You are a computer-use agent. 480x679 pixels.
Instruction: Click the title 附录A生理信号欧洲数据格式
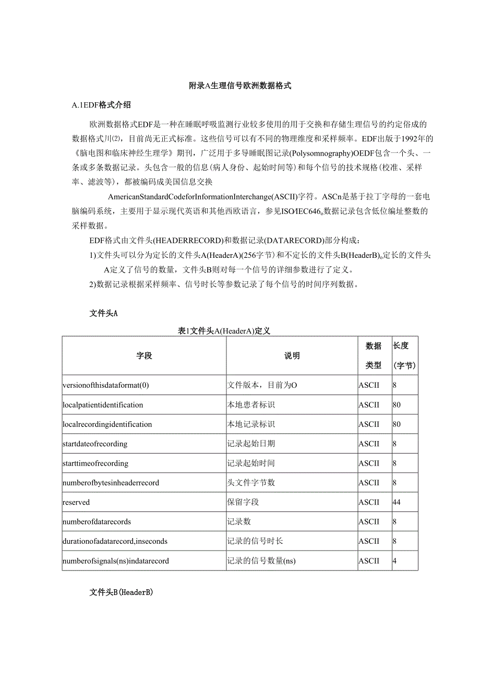pyautogui.click(x=240, y=86)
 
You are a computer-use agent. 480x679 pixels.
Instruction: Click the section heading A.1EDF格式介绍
pyautogui.click(x=101, y=105)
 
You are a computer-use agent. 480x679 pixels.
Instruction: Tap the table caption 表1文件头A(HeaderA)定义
pyautogui.click(x=224, y=331)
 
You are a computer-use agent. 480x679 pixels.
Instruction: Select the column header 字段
pyautogui.click(x=144, y=356)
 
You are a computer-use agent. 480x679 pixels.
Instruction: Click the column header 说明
pyautogui.click(x=292, y=356)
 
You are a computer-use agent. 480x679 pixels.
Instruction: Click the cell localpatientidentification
pyautogui.click(x=102, y=405)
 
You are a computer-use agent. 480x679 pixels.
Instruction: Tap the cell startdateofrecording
pyautogui.click(x=95, y=444)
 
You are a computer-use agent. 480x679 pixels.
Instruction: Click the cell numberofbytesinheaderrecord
pyautogui.click(x=111, y=483)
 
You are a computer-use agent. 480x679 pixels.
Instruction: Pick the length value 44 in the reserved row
pyautogui.click(x=397, y=502)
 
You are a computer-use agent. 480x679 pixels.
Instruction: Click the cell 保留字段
pyautogui.click(x=243, y=502)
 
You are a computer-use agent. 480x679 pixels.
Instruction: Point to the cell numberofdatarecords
pyautogui.click(x=97, y=521)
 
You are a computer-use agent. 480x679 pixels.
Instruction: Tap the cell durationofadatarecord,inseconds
pyautogui.click(x=115, y=541)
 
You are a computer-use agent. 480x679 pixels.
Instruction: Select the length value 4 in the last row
pyautogui.click(x=394, y=561)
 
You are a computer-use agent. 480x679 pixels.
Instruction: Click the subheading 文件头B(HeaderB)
pyautogui.click(x=121, y=593)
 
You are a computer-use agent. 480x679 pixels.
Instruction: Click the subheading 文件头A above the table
pyautogui.click(x=103, y=313)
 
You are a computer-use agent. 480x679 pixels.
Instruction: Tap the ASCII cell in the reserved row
pyautogui.click(x=369, y=502)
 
